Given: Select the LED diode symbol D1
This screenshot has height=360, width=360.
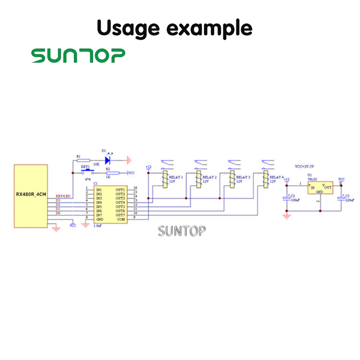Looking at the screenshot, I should tap(108, 159).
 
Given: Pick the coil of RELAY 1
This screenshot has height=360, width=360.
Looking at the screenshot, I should tap(164, 180).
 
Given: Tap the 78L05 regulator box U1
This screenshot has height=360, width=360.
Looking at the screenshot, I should tap(320, 188).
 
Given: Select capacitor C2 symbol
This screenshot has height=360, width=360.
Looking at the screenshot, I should tap(287, 199).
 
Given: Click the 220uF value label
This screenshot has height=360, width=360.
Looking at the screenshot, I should tap(350, 200).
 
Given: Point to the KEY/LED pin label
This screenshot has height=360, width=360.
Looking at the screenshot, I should tap(63, 196).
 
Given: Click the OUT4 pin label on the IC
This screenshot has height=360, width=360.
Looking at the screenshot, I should tap(120, 203).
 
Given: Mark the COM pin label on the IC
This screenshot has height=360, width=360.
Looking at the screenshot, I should tap(121, 219).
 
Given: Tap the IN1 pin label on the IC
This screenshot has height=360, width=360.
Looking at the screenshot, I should tap(99, 190).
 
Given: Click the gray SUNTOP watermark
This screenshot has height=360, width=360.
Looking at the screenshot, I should tap(182, 231).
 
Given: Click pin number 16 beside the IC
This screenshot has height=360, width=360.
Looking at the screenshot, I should tap(135, 188).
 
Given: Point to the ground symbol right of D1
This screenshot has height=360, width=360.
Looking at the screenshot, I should tap(128, 159).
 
